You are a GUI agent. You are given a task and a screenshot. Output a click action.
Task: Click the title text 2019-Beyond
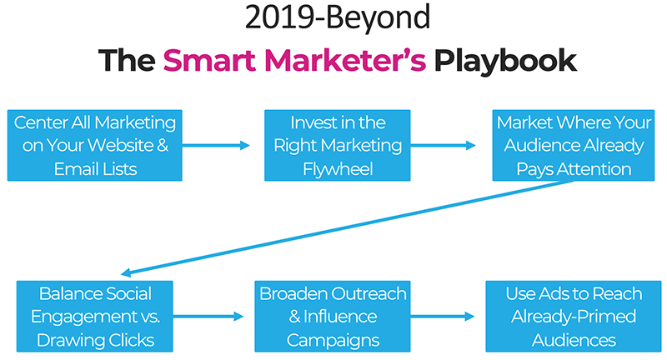click(338, 17)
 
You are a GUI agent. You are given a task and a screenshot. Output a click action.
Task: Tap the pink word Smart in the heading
click(209, 60)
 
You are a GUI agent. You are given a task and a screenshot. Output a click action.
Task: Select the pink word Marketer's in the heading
click(345, 60)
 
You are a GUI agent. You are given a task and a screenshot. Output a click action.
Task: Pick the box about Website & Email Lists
click(95, 145)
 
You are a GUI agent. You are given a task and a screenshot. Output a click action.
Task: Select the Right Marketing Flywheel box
click(338, 145)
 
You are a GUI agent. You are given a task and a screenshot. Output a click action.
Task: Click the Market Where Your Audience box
click(574, 145)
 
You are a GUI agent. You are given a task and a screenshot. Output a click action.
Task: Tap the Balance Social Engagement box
click(95, 316)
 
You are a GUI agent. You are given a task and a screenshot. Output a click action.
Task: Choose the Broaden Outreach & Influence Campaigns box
click(333, 316)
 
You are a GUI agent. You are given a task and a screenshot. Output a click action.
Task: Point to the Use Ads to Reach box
click(574, 316)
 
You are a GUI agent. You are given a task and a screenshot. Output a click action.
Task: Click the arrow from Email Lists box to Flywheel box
click(216, 145)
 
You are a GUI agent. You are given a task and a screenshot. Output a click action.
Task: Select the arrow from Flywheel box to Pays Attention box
click(443, 145)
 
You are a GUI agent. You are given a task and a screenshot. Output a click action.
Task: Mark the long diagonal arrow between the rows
click(347, 228)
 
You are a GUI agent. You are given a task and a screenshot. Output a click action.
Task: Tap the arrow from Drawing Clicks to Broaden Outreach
click(208, 316)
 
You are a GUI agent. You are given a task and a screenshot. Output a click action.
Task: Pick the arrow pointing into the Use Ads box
click(443, 316)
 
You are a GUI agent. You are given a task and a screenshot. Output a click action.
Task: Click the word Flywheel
click(338, 169)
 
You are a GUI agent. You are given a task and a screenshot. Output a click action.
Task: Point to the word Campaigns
click(333, 341)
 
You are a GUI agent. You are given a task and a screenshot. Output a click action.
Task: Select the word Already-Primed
click(574, 317)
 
